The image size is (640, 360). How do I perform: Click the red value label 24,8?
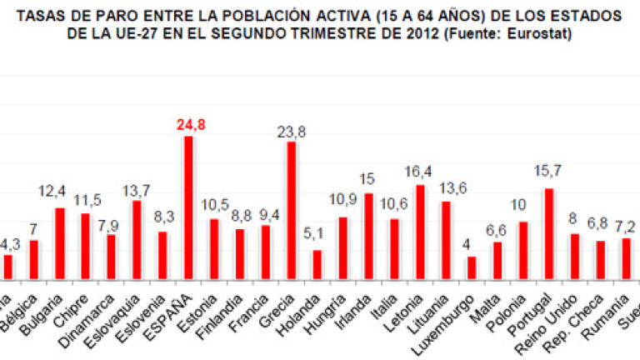point(189,125)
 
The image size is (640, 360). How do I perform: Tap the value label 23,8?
point(292,131)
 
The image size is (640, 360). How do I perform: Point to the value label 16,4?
point(420,172)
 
